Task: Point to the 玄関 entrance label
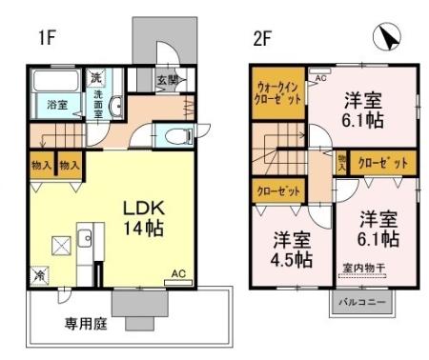coord(168,80)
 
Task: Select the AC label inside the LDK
coord(178,273)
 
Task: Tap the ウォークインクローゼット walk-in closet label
coord(279,92)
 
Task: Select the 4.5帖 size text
coord(289,258)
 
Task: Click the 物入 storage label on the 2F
coord(341,162)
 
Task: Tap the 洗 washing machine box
coord(96,76)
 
